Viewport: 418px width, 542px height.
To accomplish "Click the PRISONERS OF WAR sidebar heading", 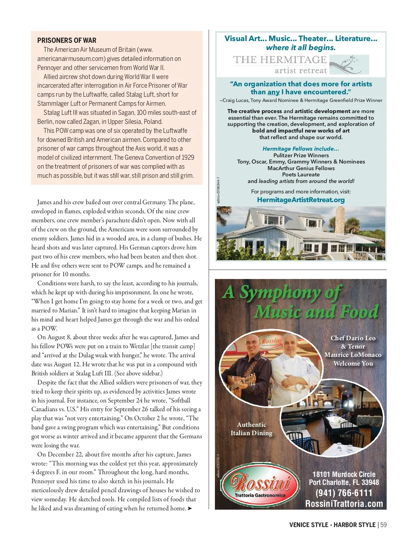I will pos(67,40).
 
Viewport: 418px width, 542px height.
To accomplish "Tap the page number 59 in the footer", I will pos(383,525).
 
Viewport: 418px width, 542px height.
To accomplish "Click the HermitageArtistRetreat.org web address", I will pos(301,200).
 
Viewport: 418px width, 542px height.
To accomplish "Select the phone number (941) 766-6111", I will pos(344,493).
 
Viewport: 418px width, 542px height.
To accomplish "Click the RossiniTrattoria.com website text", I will pos(344,504).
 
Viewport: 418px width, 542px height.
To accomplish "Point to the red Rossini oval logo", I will pos(260,485).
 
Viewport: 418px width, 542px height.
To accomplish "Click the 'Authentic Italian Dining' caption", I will pos(251,429).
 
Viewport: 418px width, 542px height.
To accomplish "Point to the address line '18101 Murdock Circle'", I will pos(344,475).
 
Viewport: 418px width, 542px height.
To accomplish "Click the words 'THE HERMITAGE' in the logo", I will pos(280,60).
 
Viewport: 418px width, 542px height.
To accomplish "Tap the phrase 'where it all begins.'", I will pos(301,48).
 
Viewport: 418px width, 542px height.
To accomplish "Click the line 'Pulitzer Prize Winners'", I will pos(301,156).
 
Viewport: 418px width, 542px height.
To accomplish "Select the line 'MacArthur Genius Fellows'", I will pos(301,168).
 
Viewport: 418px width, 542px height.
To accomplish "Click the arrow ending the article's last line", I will pos(189,509).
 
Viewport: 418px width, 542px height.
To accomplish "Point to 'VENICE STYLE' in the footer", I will pos(309,525).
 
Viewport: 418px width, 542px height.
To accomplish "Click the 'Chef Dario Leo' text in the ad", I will pos(353,338).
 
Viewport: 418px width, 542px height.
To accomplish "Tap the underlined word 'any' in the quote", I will pos(273,92).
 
